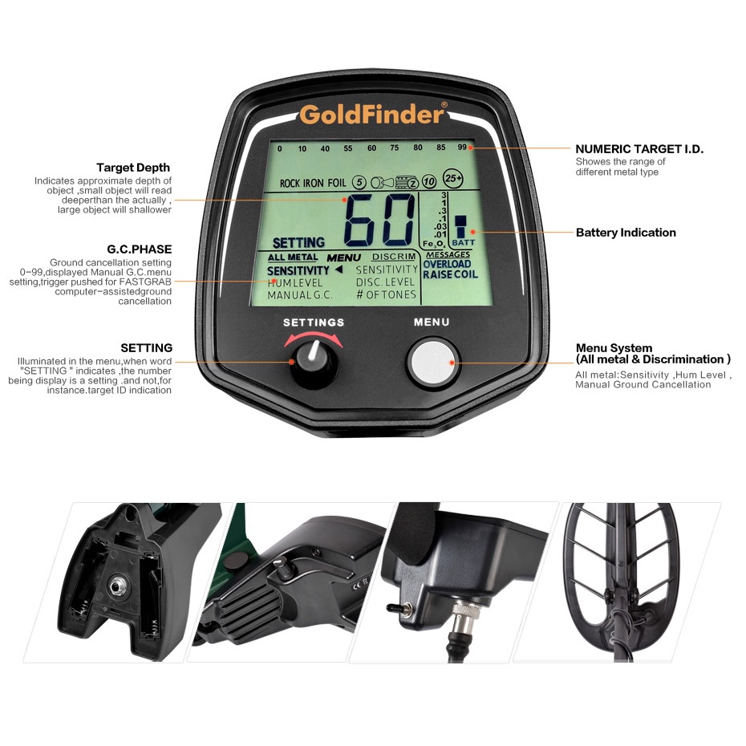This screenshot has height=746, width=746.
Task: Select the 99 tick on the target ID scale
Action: [x=462, y=148]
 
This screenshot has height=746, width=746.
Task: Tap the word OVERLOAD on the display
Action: [x=447, y=264]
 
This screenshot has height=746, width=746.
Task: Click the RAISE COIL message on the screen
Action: [x=449, y=274]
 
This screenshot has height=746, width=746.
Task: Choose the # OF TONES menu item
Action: [x=386, y=295]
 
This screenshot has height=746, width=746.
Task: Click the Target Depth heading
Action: [x=133, y=168]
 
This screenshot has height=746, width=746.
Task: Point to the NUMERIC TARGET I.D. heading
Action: [x=639, y=149]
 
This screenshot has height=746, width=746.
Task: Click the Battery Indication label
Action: [x=626, y=233]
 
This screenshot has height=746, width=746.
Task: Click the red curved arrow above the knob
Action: [x=314, y=338]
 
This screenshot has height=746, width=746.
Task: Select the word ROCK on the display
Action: [x=291, y=184]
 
